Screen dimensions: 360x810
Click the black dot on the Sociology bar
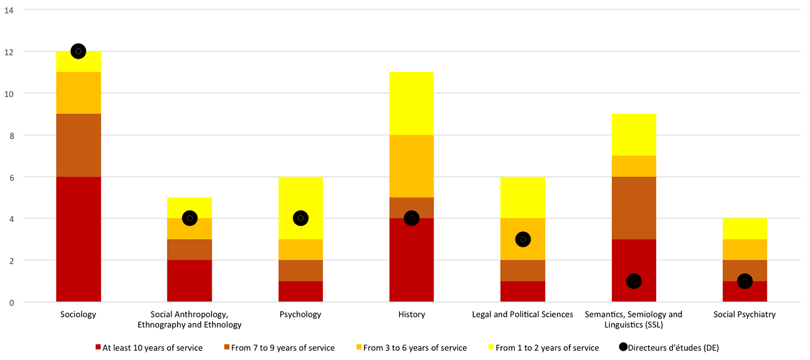pyautogui.click(x=78, y=51)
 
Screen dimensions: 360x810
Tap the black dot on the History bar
pyautogui.click(x=411, y=218)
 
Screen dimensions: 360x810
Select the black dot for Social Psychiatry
pyautogui.click(x=745, y=281)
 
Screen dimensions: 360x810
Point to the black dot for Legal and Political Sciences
pyautogui.click(x=523, y=239)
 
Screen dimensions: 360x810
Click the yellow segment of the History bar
pyautogui.click(x=411, y=103)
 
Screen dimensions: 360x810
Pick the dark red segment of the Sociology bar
pyautogui.click(x=78, y=239)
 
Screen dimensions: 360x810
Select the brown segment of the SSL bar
pyautogui.click(x=634, y=208)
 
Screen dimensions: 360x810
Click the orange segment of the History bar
pyautogui.click(x=411, y=166)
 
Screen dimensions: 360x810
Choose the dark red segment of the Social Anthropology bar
pyautogui.click(x=190, y=281)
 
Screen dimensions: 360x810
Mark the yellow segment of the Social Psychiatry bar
pyautogui.click(x=745, y=228)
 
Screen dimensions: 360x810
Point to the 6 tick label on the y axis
pyautogui.click(x=11, y=176)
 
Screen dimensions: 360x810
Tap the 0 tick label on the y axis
pyautogui.click(x=11, y=302)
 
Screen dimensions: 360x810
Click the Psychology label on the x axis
pyautogui.click(x=301, y=314)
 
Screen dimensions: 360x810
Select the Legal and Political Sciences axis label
pyautogui.click(x=523, y=314)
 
